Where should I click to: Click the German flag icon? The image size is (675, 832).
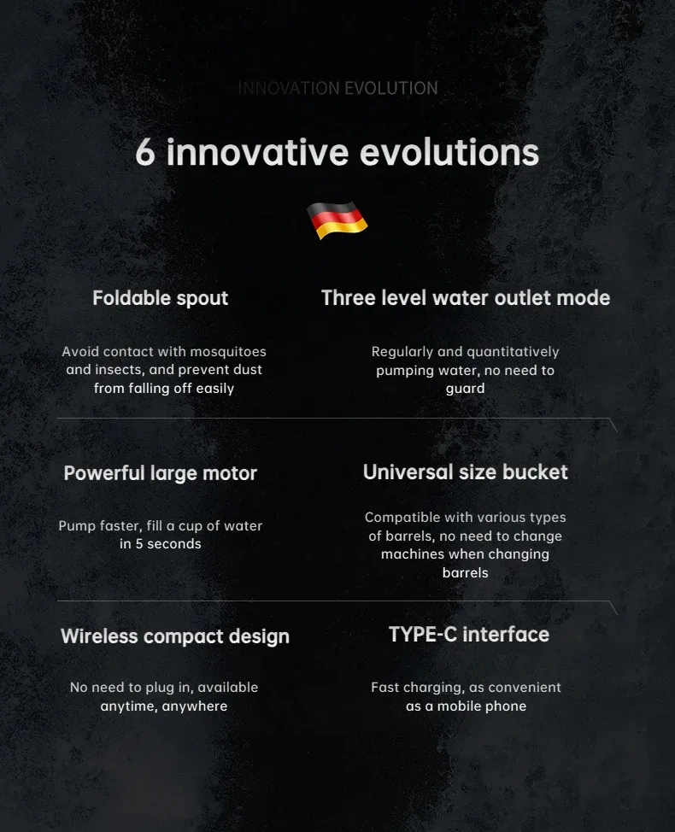pos(337,220)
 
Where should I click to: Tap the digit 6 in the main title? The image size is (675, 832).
pos(145,153)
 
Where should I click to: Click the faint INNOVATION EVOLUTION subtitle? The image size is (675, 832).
pos(338,88)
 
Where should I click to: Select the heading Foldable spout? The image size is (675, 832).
pos(161,298)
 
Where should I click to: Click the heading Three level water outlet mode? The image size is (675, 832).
pos(466,297)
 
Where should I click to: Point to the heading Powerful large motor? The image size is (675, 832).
pos(161,473)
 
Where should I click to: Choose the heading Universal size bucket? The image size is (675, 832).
pos(466,472)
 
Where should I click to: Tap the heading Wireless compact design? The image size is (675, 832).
pos(175,636)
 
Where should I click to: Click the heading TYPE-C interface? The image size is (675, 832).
pos(469,635)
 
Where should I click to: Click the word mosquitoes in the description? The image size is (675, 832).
pos(228,352)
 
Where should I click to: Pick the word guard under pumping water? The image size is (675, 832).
pos(466,389)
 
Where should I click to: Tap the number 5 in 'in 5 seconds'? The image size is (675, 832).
pos(139,544)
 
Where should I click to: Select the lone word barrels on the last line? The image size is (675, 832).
pos(466,573)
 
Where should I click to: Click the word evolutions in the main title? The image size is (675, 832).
pos(449,153)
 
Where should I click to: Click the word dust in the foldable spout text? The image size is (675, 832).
pos(248,370)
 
